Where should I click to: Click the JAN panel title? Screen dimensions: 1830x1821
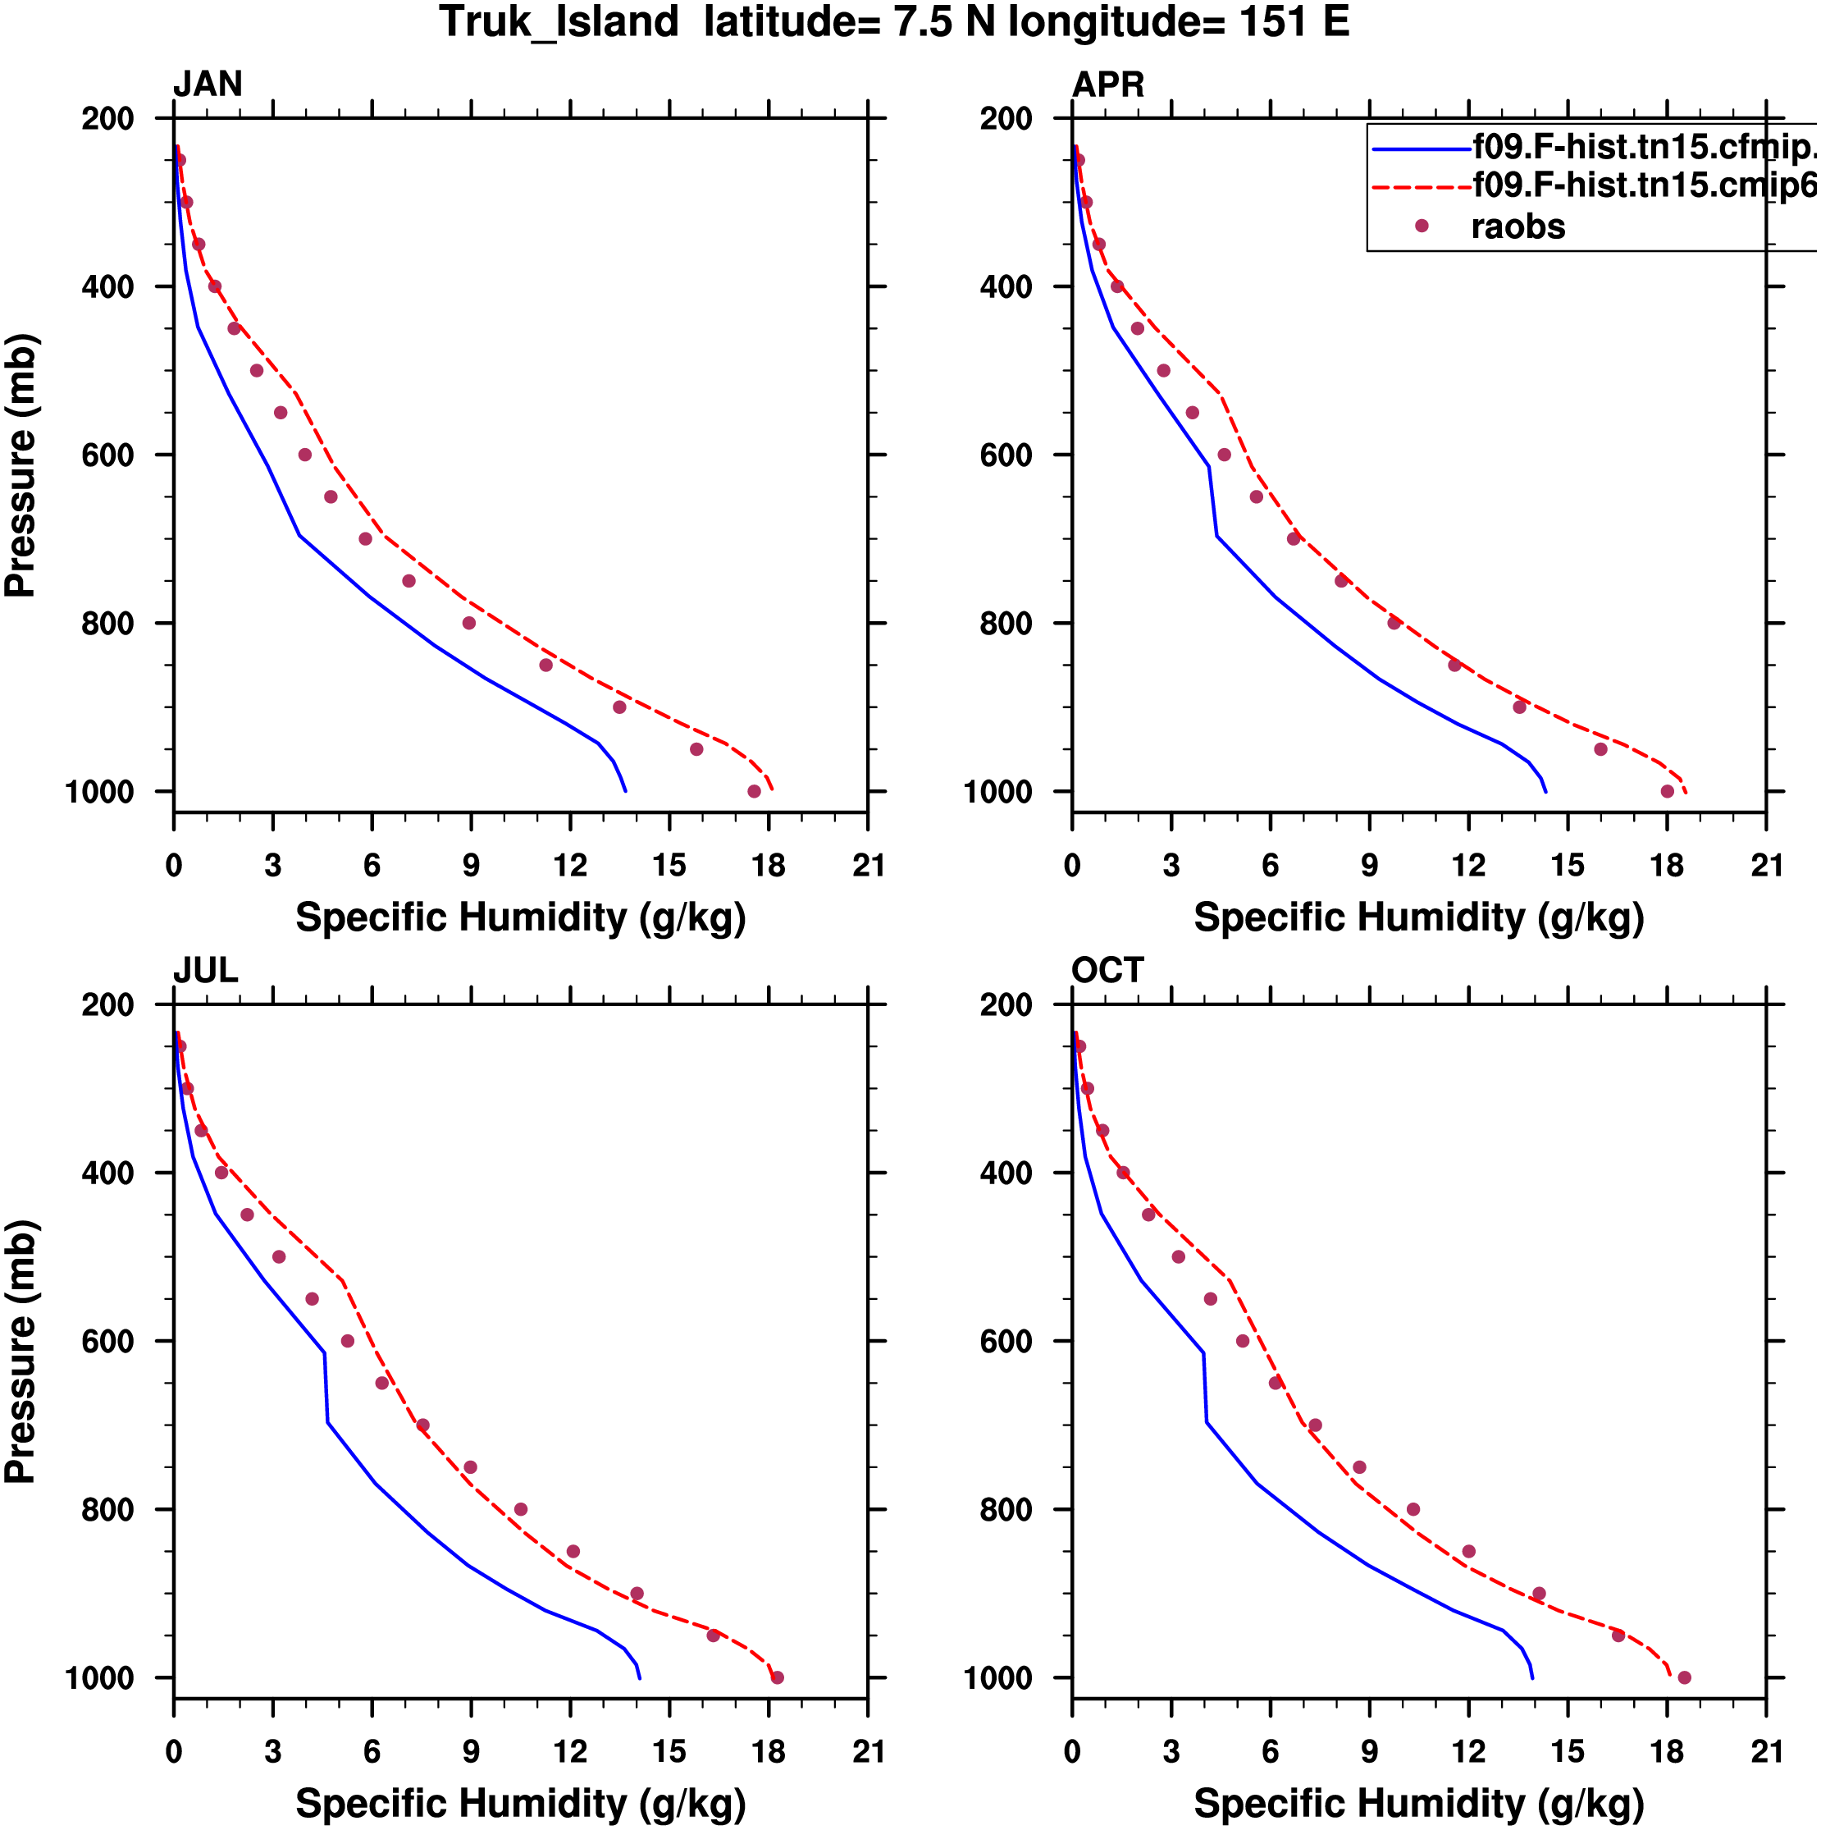(208, 85)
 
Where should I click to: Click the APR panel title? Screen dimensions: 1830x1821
(1108, 85)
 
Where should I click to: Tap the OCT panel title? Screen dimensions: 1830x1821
(1108, 971)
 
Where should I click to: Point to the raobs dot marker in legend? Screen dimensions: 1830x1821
(1422, 226)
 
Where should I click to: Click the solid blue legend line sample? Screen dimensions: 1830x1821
(1421, 149)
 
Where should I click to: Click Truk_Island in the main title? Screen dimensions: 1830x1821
(559, 23)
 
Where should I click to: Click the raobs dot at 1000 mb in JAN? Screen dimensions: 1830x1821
(754, 792)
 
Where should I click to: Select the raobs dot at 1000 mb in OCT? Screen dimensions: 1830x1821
(1685, 1678)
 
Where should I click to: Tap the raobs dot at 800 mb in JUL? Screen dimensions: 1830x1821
(521, 1510)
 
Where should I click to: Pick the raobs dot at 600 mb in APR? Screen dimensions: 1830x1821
(1225, 455)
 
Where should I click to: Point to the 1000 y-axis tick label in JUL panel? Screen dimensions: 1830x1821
(99, 1678)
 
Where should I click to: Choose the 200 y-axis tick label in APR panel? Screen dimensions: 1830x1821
(1006, 119)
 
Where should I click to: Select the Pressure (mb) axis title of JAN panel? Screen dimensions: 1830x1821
(21, 465)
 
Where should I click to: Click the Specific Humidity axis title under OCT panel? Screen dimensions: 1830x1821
(1418, 1805)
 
